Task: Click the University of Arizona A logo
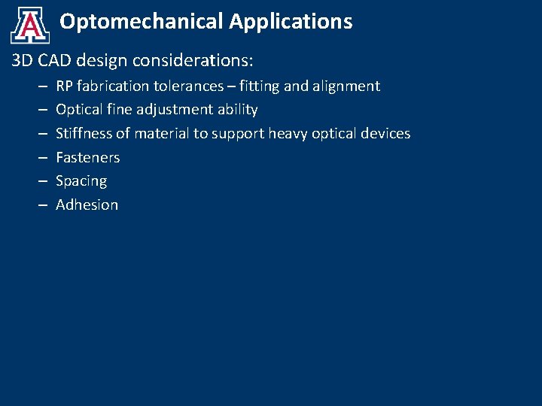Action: (30, 26)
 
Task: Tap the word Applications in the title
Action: (291, 22)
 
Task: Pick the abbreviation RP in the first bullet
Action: (65, 86)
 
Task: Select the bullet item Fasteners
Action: (88, 158)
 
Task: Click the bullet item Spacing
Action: (81, 181)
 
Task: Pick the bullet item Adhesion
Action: (87, 205)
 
